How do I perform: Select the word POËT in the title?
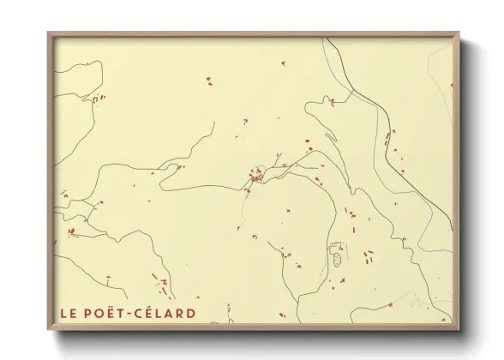(x=104, y=313)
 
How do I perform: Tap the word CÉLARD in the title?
(x=166, y=313)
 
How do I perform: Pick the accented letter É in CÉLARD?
(x=150, y=313)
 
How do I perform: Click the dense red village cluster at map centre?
(x=255, y=177)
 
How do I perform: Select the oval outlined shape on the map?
(x=339, y=259)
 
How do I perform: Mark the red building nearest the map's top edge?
(x=284, y=62)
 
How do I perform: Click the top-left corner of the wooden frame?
(x=49, y=33)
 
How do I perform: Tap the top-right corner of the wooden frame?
(x=459, y=33)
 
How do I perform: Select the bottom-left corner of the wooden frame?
(x=49, y=329)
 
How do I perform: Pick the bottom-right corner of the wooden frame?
(x=459, y=329)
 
